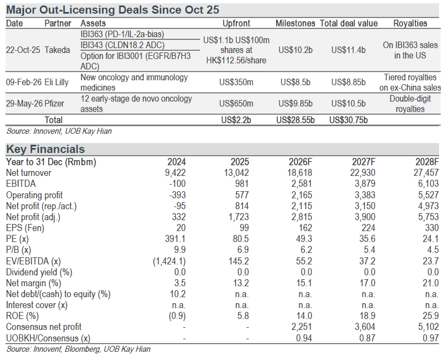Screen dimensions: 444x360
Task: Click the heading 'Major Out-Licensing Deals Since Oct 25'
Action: (113, 10)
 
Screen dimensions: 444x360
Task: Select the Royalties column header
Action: (410, 23)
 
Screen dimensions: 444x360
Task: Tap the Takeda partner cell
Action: (57, 50)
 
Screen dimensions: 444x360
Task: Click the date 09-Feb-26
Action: (24, 82)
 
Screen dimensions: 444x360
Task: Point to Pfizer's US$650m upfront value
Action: (236, 103)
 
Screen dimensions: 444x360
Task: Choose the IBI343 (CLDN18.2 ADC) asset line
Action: (122, 45)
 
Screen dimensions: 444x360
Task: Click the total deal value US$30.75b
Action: (348, 120)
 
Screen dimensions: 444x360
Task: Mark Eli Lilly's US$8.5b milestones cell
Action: (295, 82)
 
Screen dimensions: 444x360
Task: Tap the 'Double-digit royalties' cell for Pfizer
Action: (410, 104)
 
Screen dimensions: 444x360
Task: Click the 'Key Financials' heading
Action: (45, 149)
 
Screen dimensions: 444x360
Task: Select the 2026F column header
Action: (300, 162)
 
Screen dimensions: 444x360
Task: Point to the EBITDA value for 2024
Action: (177, 184)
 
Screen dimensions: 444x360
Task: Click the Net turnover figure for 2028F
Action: (426, 173)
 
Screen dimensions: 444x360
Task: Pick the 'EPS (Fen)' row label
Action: (25, 228)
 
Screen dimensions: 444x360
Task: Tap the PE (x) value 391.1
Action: (176, 239)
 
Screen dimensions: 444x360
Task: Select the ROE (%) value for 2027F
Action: (367, 316)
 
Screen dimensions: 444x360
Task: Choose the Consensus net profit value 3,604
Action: (365, 327)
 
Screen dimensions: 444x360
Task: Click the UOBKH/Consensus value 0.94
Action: (304, 338)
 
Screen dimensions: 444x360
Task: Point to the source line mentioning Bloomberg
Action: (78, 349)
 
